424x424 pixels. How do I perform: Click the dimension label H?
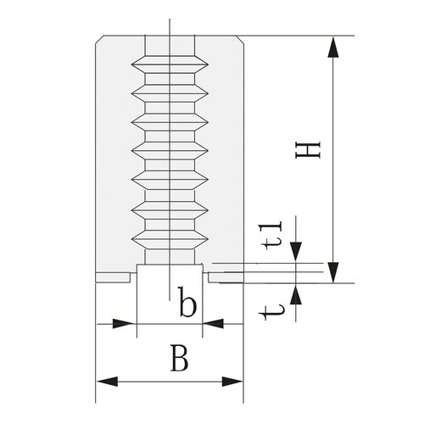[x=308, y=150]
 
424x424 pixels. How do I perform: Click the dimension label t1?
[x=273, y=235]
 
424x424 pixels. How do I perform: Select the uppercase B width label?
[x=179, y=358]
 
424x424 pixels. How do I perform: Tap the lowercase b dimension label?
[x=187, y=302]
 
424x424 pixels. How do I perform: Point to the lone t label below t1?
[x=271, y=312]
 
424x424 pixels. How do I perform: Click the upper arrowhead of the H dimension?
[x=333, y=47]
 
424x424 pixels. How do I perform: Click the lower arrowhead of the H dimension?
[x=333, y=272]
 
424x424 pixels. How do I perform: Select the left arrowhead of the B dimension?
[x=107, y=382]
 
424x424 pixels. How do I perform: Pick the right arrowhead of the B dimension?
[x=232, y=382]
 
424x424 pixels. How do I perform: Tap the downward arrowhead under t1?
[x=296, y=252]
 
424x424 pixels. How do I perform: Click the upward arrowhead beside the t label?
[x=296, y=294]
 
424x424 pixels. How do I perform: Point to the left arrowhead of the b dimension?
[x=123, y=324]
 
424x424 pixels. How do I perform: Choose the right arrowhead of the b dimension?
[x=214, y=324]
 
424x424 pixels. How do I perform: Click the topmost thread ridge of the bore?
[x=170, y=64]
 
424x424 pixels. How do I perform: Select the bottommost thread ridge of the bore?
[x=170, y=240]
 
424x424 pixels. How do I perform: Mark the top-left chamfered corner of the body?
[x=99, y=40]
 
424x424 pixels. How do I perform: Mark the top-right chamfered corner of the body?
[x=240, y=40]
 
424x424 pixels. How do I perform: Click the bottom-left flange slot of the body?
[x=113, y=277]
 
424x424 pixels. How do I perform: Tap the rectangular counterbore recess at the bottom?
[x=170, y=273]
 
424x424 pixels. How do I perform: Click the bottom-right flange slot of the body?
[x=226, y=277]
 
